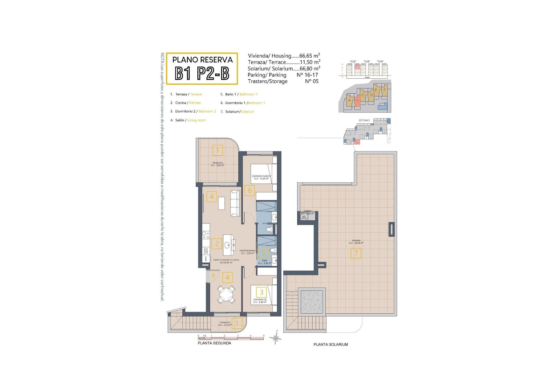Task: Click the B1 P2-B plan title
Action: pyautogui.click(x=202, y=73)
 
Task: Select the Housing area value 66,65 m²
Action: pyautogui.click(x=309, y=56)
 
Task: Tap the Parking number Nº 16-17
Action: pyautogui.click(x=307, y=75)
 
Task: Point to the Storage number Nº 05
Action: pyautogui.click(x=312, y=81)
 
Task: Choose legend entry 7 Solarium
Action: pyautogui.click(x=237, y=112)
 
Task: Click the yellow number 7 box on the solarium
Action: pyautogui.click(x=356, y=253)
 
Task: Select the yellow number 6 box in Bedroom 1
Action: pyautogui.click(x=250, y=190)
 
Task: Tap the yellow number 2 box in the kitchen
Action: pyautogui.click(x=217, y=243)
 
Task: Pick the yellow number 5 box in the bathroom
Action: pyautogui.click(x=264, y=253)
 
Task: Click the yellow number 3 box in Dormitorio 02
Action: pyautogui.click(x=261, y=292)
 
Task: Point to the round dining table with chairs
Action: pyautogui.click(x=227, y=294)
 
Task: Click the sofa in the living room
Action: pyautogui.click(x=235, y=203)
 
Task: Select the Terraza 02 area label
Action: pyautogui.click(x=217, y=164)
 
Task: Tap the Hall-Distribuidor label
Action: pyautogui.click(x=247, y=252)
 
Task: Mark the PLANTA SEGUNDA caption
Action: pyautogui.click(x=214, y=343)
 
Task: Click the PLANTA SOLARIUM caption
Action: pyautogui.click(x=331, y=344)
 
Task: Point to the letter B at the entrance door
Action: pyautogui.click(x=213, y=275)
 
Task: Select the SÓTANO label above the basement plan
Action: pyautogui.click(x=364, y=120)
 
